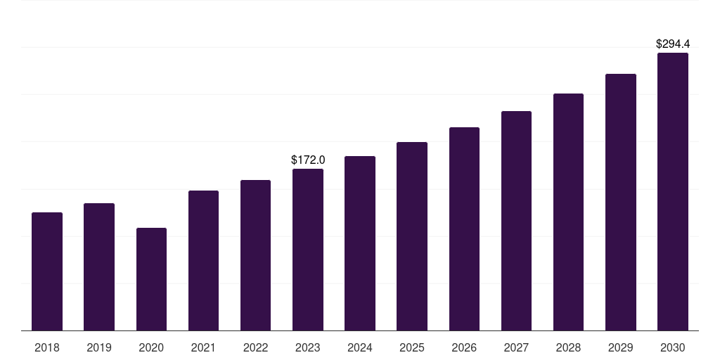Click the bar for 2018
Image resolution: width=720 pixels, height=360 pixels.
coord(47,271)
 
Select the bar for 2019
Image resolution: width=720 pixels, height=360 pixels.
coord(99,267)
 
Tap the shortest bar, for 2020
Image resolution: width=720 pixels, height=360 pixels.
coord(151,279)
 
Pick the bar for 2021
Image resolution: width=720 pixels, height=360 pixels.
coord(203,261)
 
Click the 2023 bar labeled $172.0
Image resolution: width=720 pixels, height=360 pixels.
coord(308,250)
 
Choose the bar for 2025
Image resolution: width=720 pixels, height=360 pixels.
coord(412,236)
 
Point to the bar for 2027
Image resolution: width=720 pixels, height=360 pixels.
coord(516,221)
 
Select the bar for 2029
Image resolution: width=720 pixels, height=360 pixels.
coord(621,202)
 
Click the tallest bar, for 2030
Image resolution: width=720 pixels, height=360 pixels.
coord(673,192)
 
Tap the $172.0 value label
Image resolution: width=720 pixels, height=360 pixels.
coord(308,160)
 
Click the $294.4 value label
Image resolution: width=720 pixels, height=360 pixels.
coord(673,44)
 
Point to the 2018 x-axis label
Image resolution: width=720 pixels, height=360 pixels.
coord(47,347)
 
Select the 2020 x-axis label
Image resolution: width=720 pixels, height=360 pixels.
coord(151,347)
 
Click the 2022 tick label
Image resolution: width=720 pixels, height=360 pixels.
coord(255,347)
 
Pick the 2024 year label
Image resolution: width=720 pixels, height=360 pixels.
coord(360,347)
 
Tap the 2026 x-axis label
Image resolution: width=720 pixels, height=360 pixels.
coord(464,347)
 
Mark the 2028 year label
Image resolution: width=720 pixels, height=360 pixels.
coord(568,347)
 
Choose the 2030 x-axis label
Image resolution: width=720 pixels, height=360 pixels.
coord(673,347)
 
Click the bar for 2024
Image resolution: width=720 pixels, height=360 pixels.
coord(360,243)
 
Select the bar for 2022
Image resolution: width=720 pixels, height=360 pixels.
coord(255,255)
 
